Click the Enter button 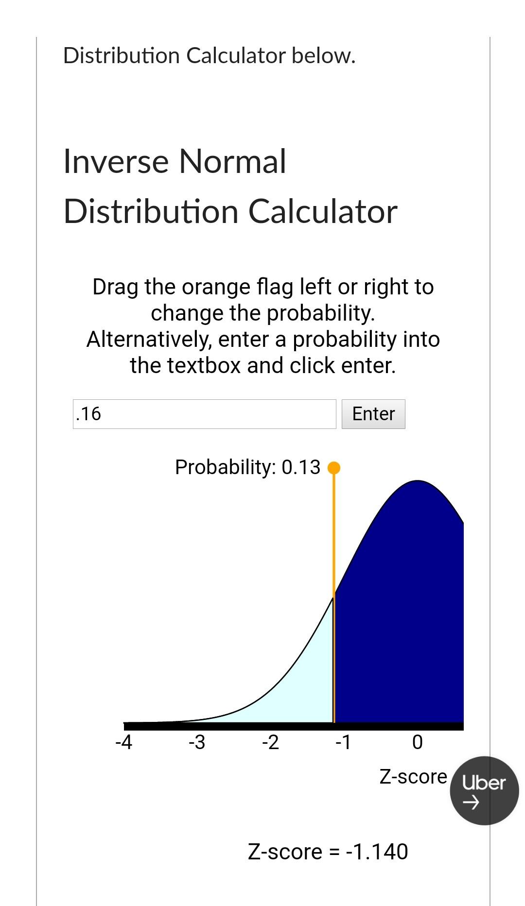[x=373, y=414]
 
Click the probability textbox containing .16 [x=204, y=414]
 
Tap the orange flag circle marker [x=334, y=468]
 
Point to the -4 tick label [x=124, y=742]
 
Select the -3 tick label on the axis [x=197, y=742]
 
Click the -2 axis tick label [x=270, y=742]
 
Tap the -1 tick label [x=343, y=742]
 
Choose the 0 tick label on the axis [x=418, y=742]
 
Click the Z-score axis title [x=413, y=777]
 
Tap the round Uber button [x=484, y=790]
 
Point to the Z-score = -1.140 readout [x=328, y=852]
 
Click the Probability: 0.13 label [x=248, y=467]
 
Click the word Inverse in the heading [x=115, y=161]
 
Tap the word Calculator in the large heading [x=323, y=212]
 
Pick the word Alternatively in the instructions [x=149, y=340]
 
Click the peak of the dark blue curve [x=418, y=481]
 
